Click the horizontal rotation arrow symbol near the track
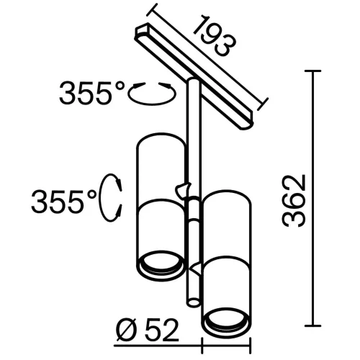click(152, 92)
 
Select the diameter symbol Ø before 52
click(124, 331)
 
